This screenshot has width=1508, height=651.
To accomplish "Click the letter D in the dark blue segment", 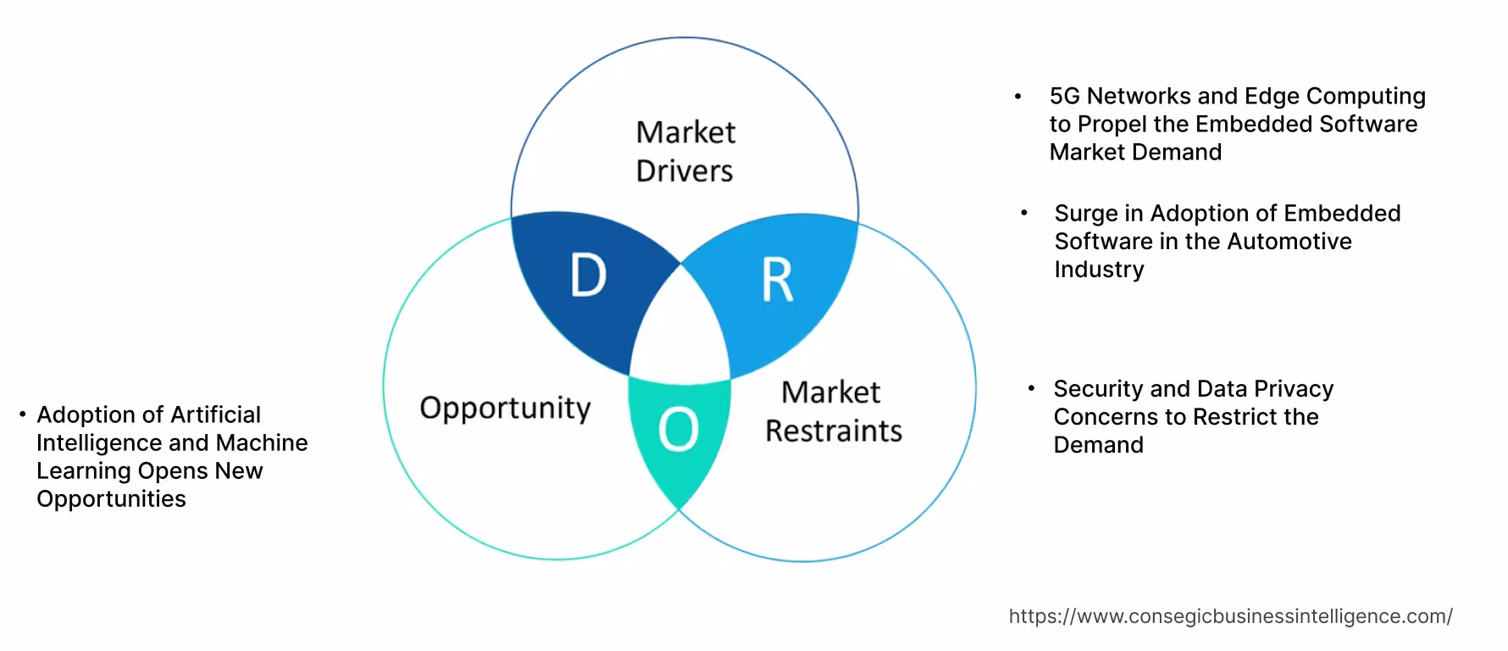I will [589, 275].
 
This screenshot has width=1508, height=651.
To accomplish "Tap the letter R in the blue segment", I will [777, 281].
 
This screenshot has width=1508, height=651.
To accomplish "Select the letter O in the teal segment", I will [679, 430].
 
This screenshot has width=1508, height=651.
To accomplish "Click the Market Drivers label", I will [685, 152].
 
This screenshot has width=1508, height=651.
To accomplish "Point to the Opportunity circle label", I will [505, 408].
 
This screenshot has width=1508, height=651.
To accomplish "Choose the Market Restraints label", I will [833, 412].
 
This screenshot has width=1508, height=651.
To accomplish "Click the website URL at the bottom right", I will [1230, 616].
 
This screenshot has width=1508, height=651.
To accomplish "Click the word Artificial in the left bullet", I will [215, 415].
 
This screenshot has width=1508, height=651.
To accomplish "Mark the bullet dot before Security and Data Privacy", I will [1031, 388].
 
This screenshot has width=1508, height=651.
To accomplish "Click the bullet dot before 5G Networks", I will [1018, 97].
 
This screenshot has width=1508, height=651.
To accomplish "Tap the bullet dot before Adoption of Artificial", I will [23, 415].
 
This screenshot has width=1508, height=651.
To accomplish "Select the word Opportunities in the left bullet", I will [111, 498].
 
